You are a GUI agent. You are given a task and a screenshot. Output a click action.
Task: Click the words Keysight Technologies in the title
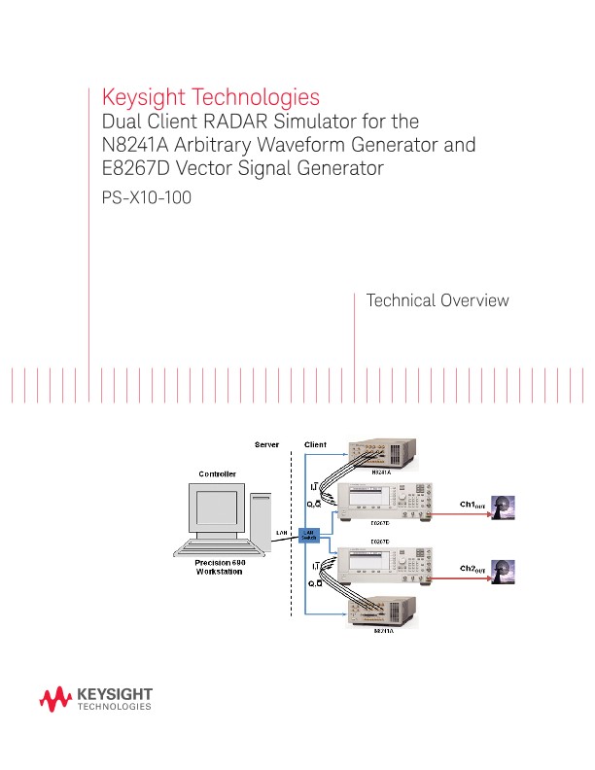point(211,98)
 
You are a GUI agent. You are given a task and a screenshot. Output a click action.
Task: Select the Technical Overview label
point(437,300)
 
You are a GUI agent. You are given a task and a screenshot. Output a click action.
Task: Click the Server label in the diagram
point(266,444)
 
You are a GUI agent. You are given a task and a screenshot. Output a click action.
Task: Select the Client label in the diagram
point(316,444)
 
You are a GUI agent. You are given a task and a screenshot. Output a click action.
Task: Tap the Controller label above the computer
point(218,473)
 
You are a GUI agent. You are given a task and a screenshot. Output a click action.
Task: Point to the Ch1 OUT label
point(473,505)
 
